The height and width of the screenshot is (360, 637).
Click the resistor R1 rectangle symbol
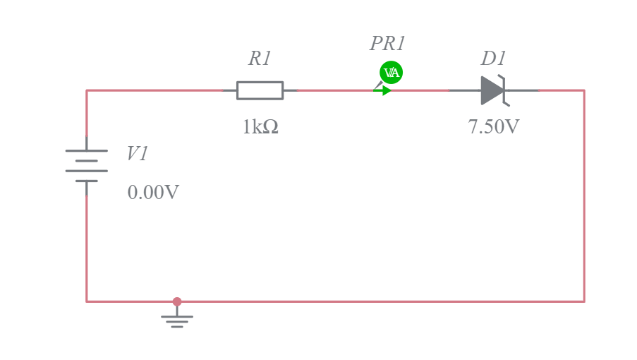coord(260,90)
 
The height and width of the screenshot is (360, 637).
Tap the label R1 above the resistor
coord(260,59)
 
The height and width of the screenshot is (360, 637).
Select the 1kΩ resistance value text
coord(260,127)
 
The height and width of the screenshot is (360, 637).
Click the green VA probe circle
coord(391,72)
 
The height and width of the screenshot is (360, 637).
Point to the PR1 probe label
coord(387,44)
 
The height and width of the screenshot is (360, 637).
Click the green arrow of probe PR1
coord(382,90)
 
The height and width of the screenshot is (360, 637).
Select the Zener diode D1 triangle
coord(492,90)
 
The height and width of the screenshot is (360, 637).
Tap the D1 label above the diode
coord(494,59)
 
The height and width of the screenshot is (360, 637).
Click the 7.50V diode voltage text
coord(494,127)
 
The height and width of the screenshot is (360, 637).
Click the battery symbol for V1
coord(87,166)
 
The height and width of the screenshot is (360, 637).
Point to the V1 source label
coord(138,154)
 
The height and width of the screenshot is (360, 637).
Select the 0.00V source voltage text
coord(153,193)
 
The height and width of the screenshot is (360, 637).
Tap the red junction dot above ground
coord(177,301)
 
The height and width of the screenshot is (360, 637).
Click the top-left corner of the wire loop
coord(87,90)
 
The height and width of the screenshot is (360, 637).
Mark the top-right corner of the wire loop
coord(584,90)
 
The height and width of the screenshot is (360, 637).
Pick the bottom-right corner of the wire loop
coord(584,301)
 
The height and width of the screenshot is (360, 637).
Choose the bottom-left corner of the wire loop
coord(87,301)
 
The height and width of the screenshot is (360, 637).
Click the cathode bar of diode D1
coord(504,90)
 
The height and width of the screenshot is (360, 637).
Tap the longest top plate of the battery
coord(87,150)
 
